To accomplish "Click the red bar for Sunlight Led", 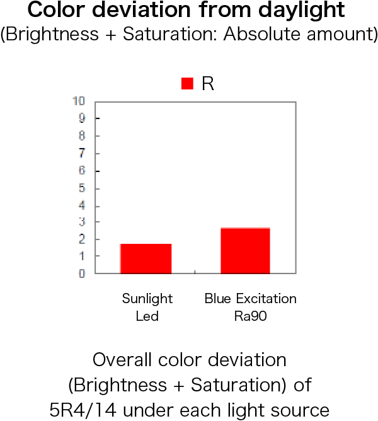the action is tap(146, 258).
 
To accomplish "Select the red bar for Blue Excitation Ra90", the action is tap(245, 250).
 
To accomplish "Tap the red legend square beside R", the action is tap(187, 83).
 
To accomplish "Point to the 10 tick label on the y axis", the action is tap(79, 101).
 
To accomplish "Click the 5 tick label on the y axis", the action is tap(82, 188).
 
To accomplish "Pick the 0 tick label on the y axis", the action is tap(82, 274).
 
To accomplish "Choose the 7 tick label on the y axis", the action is tap(82, 153).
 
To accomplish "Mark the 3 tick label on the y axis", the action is tap(82, 222).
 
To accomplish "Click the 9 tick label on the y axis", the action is tap(82, 118).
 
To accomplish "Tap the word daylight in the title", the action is tap(302, 10).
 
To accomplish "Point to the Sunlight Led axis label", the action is tap(147, 307).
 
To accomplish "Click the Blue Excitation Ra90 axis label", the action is tap(251, 307).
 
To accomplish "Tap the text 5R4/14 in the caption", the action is tap(83, 410).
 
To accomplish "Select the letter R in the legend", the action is tap(208, 83).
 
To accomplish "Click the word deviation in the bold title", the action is tap(141, 10).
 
